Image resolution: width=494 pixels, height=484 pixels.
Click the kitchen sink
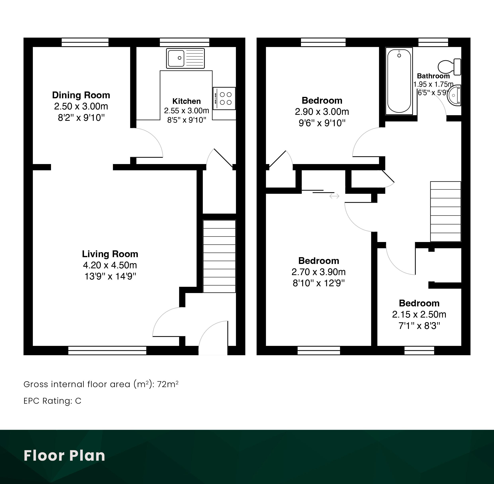(185, 58)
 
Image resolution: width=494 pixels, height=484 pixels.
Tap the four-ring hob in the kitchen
(224, 98)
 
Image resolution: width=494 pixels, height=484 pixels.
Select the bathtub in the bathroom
(399, 81)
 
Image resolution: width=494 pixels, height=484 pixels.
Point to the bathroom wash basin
(454, 95)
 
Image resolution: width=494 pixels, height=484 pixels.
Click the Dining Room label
(81, 95)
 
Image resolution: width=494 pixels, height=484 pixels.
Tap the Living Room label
(110, 254)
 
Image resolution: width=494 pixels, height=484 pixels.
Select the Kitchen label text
(186, 101)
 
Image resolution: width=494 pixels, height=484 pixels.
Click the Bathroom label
(433, 76)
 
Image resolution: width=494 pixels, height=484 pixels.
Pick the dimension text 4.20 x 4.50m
(110, 265)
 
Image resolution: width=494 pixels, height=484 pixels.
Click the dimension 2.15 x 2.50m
(419, 314)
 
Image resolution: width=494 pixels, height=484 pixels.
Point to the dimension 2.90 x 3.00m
(322, 112)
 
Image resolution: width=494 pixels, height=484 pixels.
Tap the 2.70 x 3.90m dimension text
(319, 272)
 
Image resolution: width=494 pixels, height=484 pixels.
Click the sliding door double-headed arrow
(334, 196)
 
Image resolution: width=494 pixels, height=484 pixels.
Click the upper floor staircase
(445, 212)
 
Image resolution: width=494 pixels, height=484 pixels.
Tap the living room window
(107, 351)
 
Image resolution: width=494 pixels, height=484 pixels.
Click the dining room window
(85, 42)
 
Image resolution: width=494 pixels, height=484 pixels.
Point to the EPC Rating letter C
(78, 401)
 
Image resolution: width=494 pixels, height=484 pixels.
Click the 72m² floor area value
(168, 384)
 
